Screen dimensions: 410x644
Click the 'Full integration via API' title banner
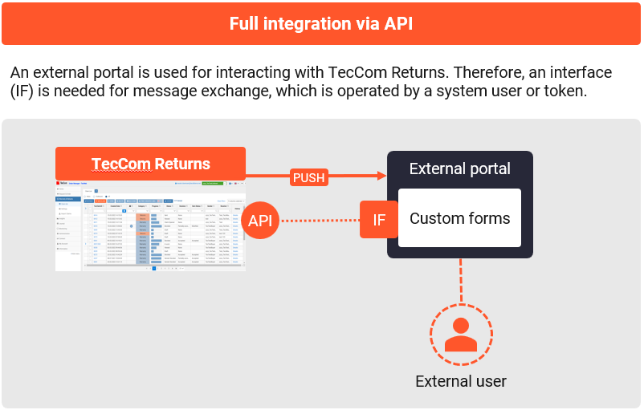pyautogui.click(x=321, y=23)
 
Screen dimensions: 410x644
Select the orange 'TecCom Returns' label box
pyautogui.click(x=150, y=164)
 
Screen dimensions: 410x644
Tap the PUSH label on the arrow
pyautogui.click(x=309, y=177)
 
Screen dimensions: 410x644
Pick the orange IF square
pyautogui.click(x=379, y=220)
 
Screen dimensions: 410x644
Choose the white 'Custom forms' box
pyautogui.click(x=459, y=218)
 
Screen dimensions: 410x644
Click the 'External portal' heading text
pyautogui.click(x=459, y=168)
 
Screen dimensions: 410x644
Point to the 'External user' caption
pyautogui.click(x=461, y=381)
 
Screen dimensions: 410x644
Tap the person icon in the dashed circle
pyautogui.click(x=461, y=333)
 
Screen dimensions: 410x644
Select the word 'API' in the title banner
pyautogui.click(x=397, y=23)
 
